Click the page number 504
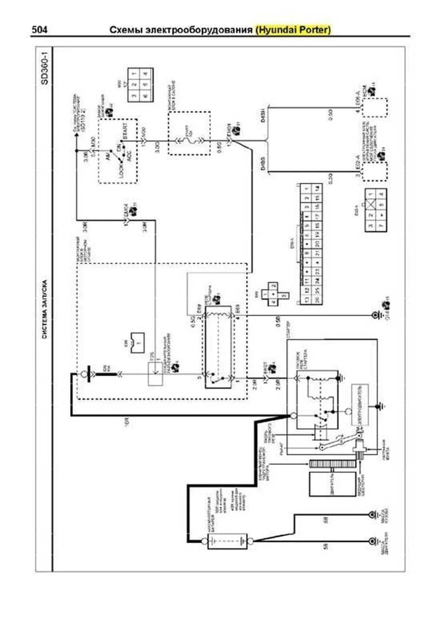tap(39, 29)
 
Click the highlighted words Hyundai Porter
tap(293, 30)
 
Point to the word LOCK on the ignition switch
tap(121, 169)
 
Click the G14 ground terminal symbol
tap(375, 315)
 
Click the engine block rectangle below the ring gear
tap(333, 484)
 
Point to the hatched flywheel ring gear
tap(333, 463)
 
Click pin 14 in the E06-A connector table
tap(318, 188)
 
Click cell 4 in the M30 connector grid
tap(146, 74)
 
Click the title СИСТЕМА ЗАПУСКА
tap(44, 310)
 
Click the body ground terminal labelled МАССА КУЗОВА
tap(374, 515)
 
